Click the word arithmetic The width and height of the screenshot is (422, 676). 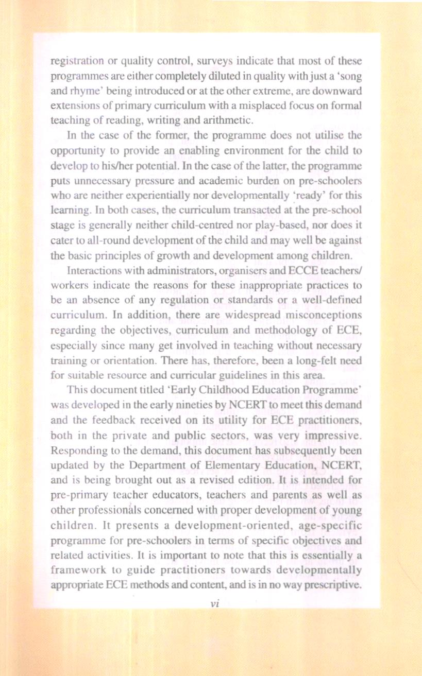click(227, 121)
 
